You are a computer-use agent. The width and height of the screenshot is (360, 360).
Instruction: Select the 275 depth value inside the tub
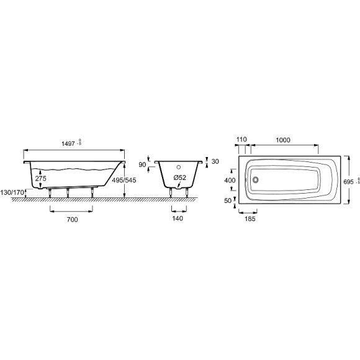click(40, 178)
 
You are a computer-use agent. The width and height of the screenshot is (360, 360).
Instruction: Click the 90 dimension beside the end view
click(142, 164)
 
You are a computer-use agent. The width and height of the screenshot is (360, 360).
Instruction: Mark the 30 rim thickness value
click(215, 161)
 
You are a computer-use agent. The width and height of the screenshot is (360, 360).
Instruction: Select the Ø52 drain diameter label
click(180, 178)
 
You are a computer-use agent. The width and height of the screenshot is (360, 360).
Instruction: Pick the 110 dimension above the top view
click(242, 140)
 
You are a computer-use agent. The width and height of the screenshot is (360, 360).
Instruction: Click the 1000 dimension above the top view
click(283, 140)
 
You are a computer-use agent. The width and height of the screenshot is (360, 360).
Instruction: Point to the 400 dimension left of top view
click(230, 180)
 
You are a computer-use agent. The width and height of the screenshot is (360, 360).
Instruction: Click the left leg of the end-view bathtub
click(171, 191)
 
